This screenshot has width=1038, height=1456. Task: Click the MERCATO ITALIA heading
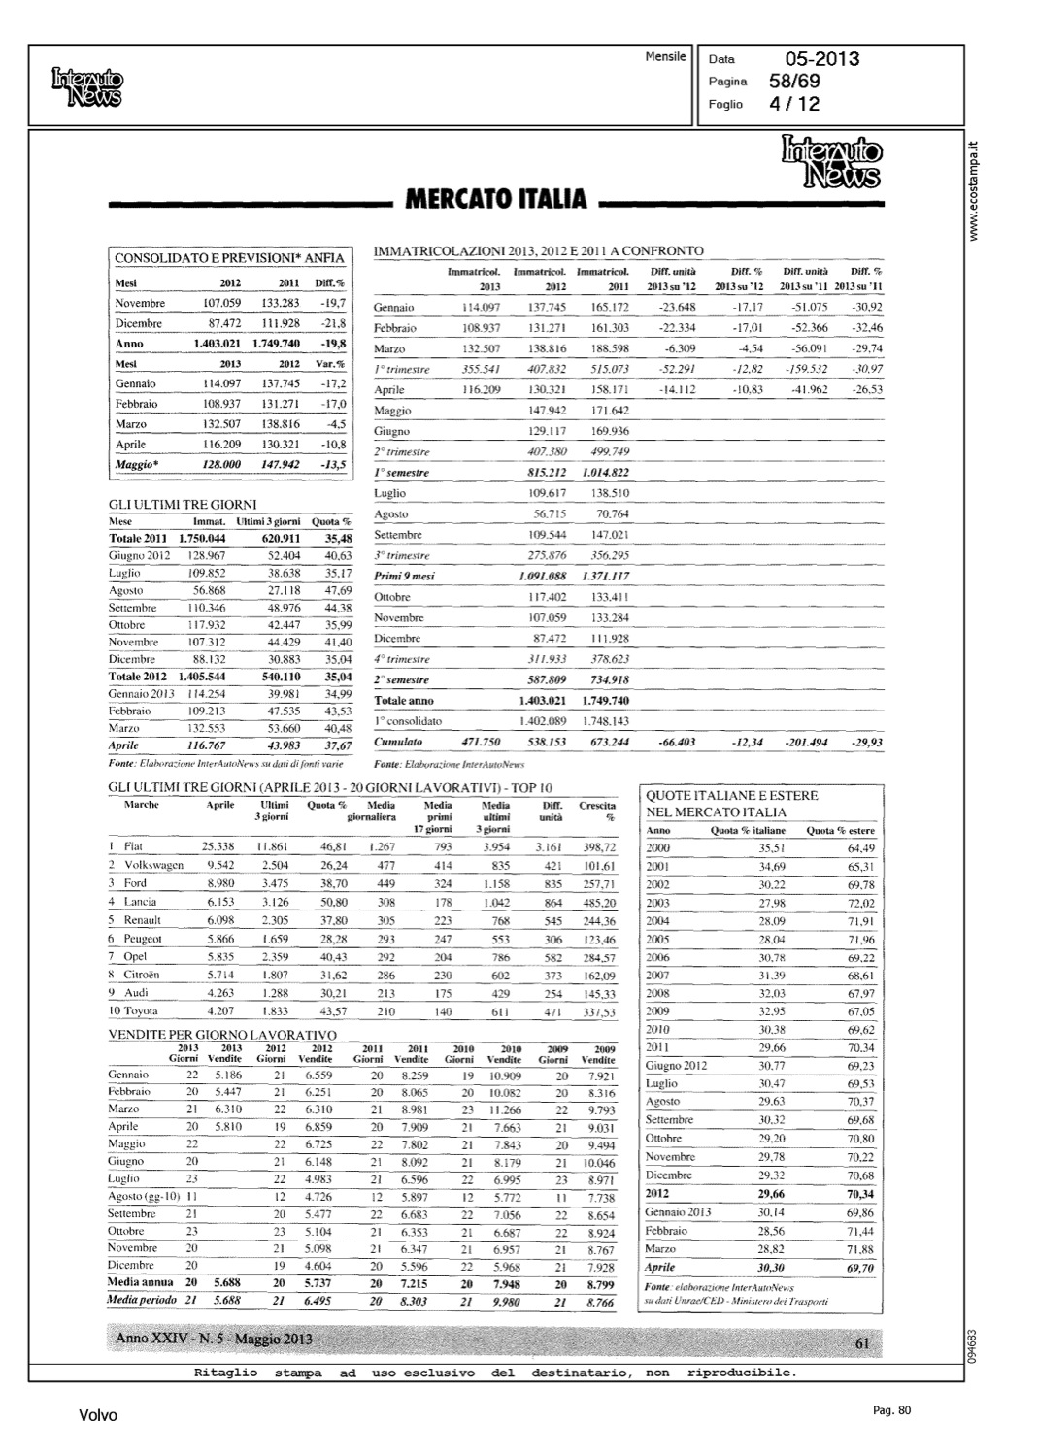click(495, 199)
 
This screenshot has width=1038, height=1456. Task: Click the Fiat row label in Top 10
click(134, 846)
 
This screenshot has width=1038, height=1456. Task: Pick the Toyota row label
click(141, 1011)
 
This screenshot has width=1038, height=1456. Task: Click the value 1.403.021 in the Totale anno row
click(543, 700)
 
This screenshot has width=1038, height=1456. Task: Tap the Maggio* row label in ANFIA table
click(136, 464)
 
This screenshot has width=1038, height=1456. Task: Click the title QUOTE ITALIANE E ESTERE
click(731, 795)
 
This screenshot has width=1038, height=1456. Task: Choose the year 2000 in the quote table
click(657, 847)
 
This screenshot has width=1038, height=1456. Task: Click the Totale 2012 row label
click(138, 676)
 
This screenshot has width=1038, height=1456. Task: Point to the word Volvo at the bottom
click(97, 1416)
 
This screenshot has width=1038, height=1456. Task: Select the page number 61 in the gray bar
click(862, 1343)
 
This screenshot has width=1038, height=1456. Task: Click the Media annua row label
click(141, 1282)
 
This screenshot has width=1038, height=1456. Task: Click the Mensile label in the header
click(665, 57)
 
